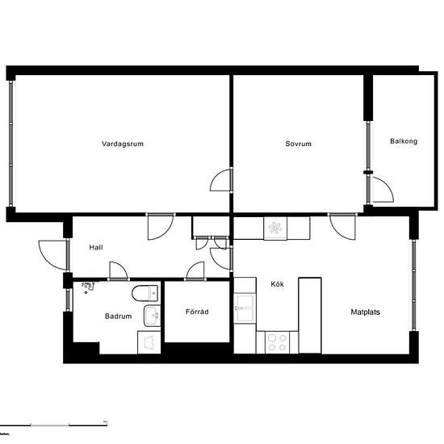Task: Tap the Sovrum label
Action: click(x=298, y=144)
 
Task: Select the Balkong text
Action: click(x=404, y=141)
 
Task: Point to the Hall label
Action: click(x=96, y=248)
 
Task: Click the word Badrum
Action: click(x=118, y=316)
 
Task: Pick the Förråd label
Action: click(x=198, y=312)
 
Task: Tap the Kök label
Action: click(x=278, y=284)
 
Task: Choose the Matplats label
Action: click(x=367, y=312)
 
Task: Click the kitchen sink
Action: click(x=245, y=306)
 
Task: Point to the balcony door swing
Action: click(x=381, y=191)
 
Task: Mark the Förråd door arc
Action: click(x=195, y=271)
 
